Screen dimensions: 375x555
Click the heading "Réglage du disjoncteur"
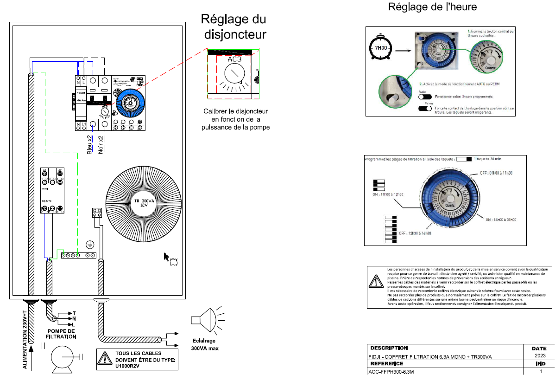(233, 27)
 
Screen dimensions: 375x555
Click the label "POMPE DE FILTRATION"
(61, 333)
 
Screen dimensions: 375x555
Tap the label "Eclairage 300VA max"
(204, 344)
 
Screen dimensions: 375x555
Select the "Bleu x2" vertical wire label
(90, 144)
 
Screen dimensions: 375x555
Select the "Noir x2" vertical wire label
(100, 144)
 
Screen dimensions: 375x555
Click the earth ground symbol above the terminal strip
(91, 245)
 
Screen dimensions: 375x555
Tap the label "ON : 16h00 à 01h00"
(500, 220)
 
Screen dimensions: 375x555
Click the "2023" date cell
(539, 356)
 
